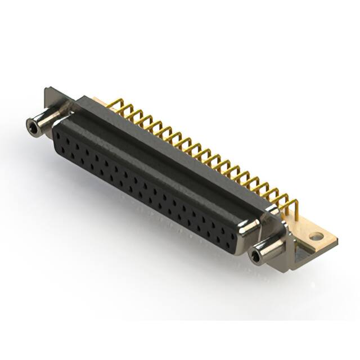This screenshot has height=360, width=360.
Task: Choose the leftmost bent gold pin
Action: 112,103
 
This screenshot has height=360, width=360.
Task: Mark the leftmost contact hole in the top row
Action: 63,134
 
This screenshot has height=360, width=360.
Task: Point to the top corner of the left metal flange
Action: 47,89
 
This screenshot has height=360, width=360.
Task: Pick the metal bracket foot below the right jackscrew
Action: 298,259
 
